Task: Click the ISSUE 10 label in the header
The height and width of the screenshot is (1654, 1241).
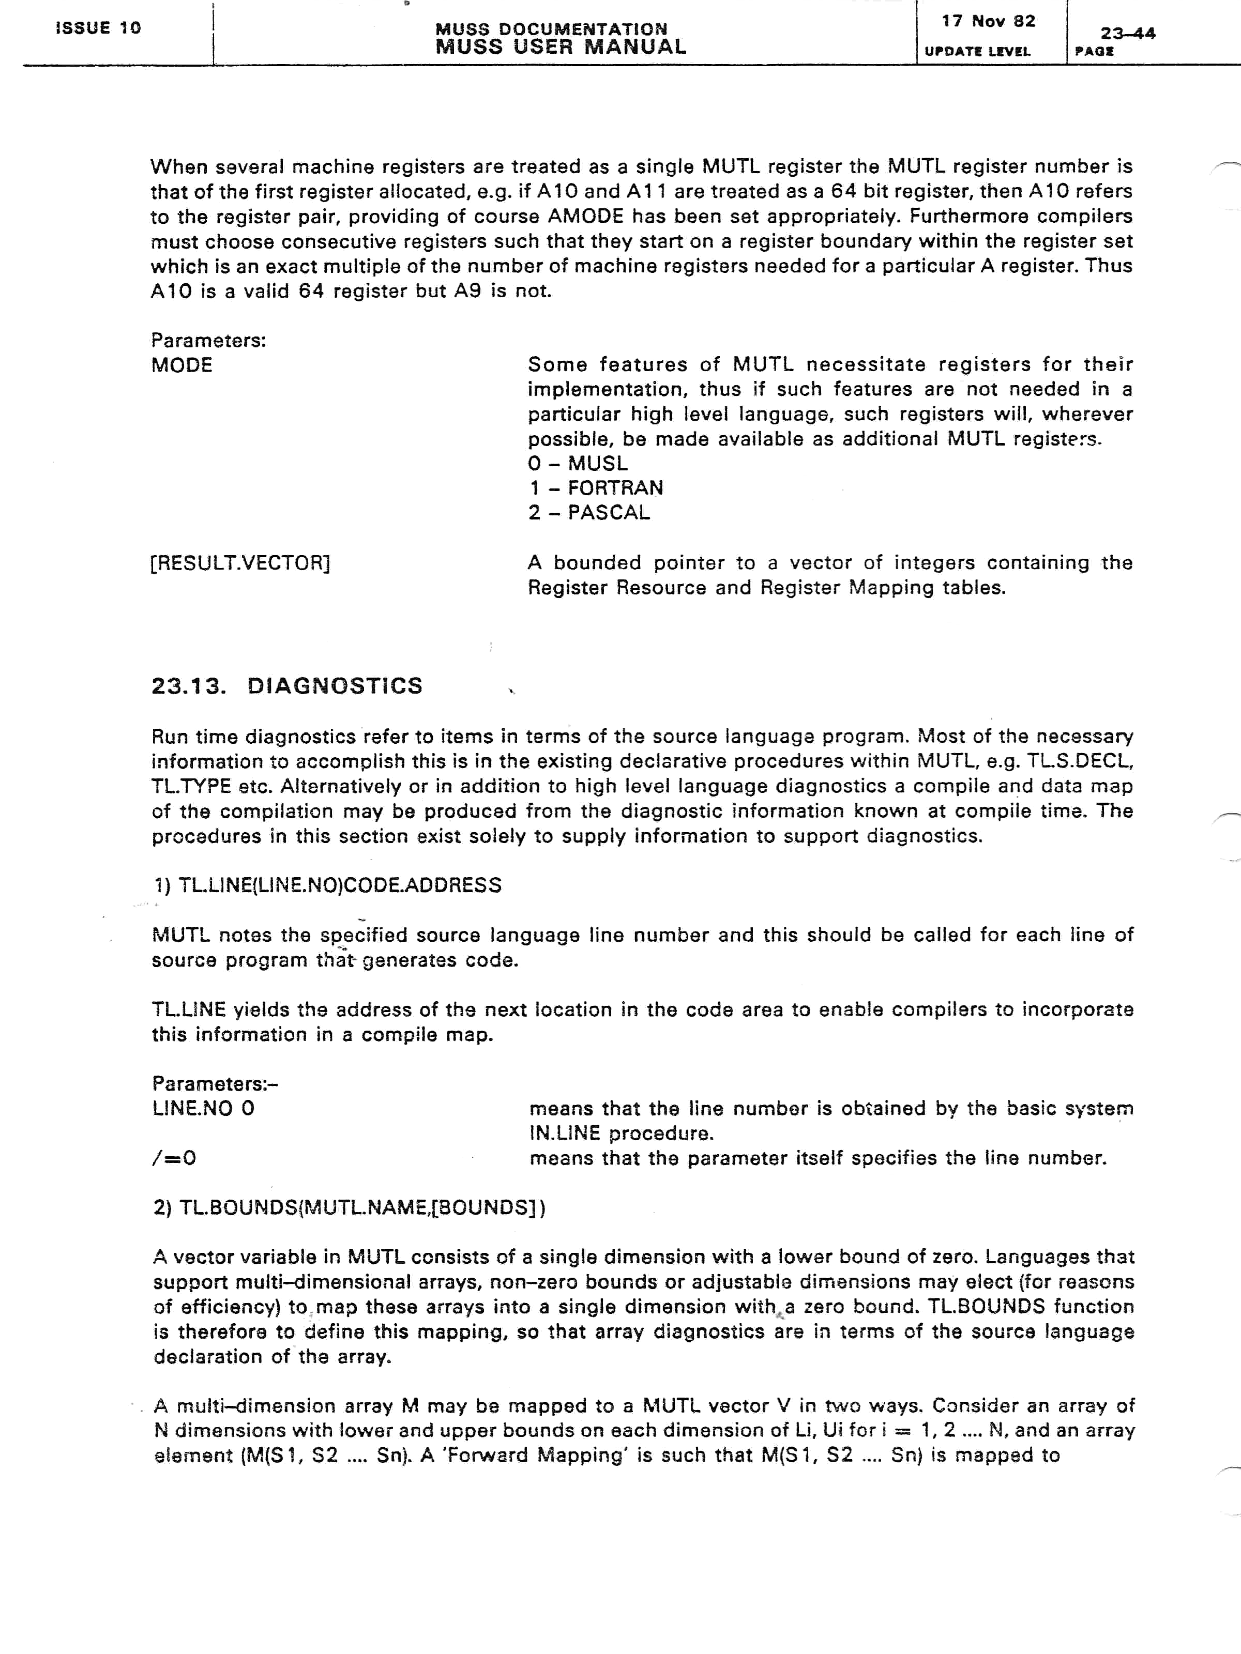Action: point(98,28)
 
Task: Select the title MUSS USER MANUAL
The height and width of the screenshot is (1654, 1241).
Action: point(561,47)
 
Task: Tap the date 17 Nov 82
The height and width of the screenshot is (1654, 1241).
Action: point(988,21)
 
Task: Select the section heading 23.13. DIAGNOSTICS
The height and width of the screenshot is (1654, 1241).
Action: point(286,686)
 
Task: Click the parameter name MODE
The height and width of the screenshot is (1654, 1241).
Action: point(182,365)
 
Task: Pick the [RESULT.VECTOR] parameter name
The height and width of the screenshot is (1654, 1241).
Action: point(240,562)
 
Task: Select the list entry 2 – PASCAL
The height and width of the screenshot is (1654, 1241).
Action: point(589,512)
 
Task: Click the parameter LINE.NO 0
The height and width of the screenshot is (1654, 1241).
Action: point(203,1108)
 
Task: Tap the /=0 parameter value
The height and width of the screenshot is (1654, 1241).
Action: point(174,1158)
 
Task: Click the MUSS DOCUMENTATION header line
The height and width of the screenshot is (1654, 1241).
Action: point(551,28)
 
